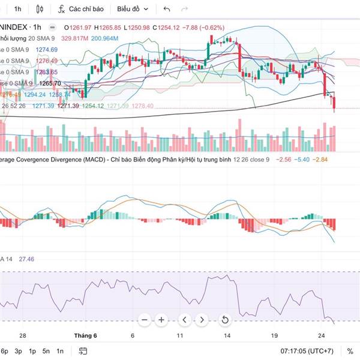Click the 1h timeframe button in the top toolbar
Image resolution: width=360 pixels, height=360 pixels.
(17, 9)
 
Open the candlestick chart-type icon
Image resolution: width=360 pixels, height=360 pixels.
(40, 9)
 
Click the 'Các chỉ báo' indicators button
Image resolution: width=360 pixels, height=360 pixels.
(81, 9)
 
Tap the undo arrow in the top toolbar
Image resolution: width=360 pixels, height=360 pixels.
(167, 9)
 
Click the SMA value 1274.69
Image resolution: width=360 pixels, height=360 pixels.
(47, 49)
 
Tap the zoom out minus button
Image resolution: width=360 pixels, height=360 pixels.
(144, 320)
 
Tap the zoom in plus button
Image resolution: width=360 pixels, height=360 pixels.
(161, 320)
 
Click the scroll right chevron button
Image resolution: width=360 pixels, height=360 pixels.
(203, 320)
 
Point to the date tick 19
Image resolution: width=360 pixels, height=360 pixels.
(274, 336)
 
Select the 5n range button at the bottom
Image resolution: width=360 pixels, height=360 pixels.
(46, 351)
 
